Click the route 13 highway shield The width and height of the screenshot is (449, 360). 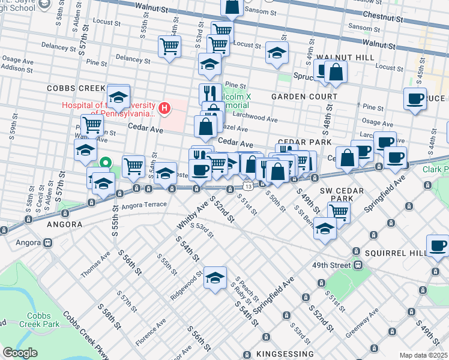pos(247,186)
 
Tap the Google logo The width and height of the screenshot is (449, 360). pos(20,353)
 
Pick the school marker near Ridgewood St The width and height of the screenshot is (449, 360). pos(215,277)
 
